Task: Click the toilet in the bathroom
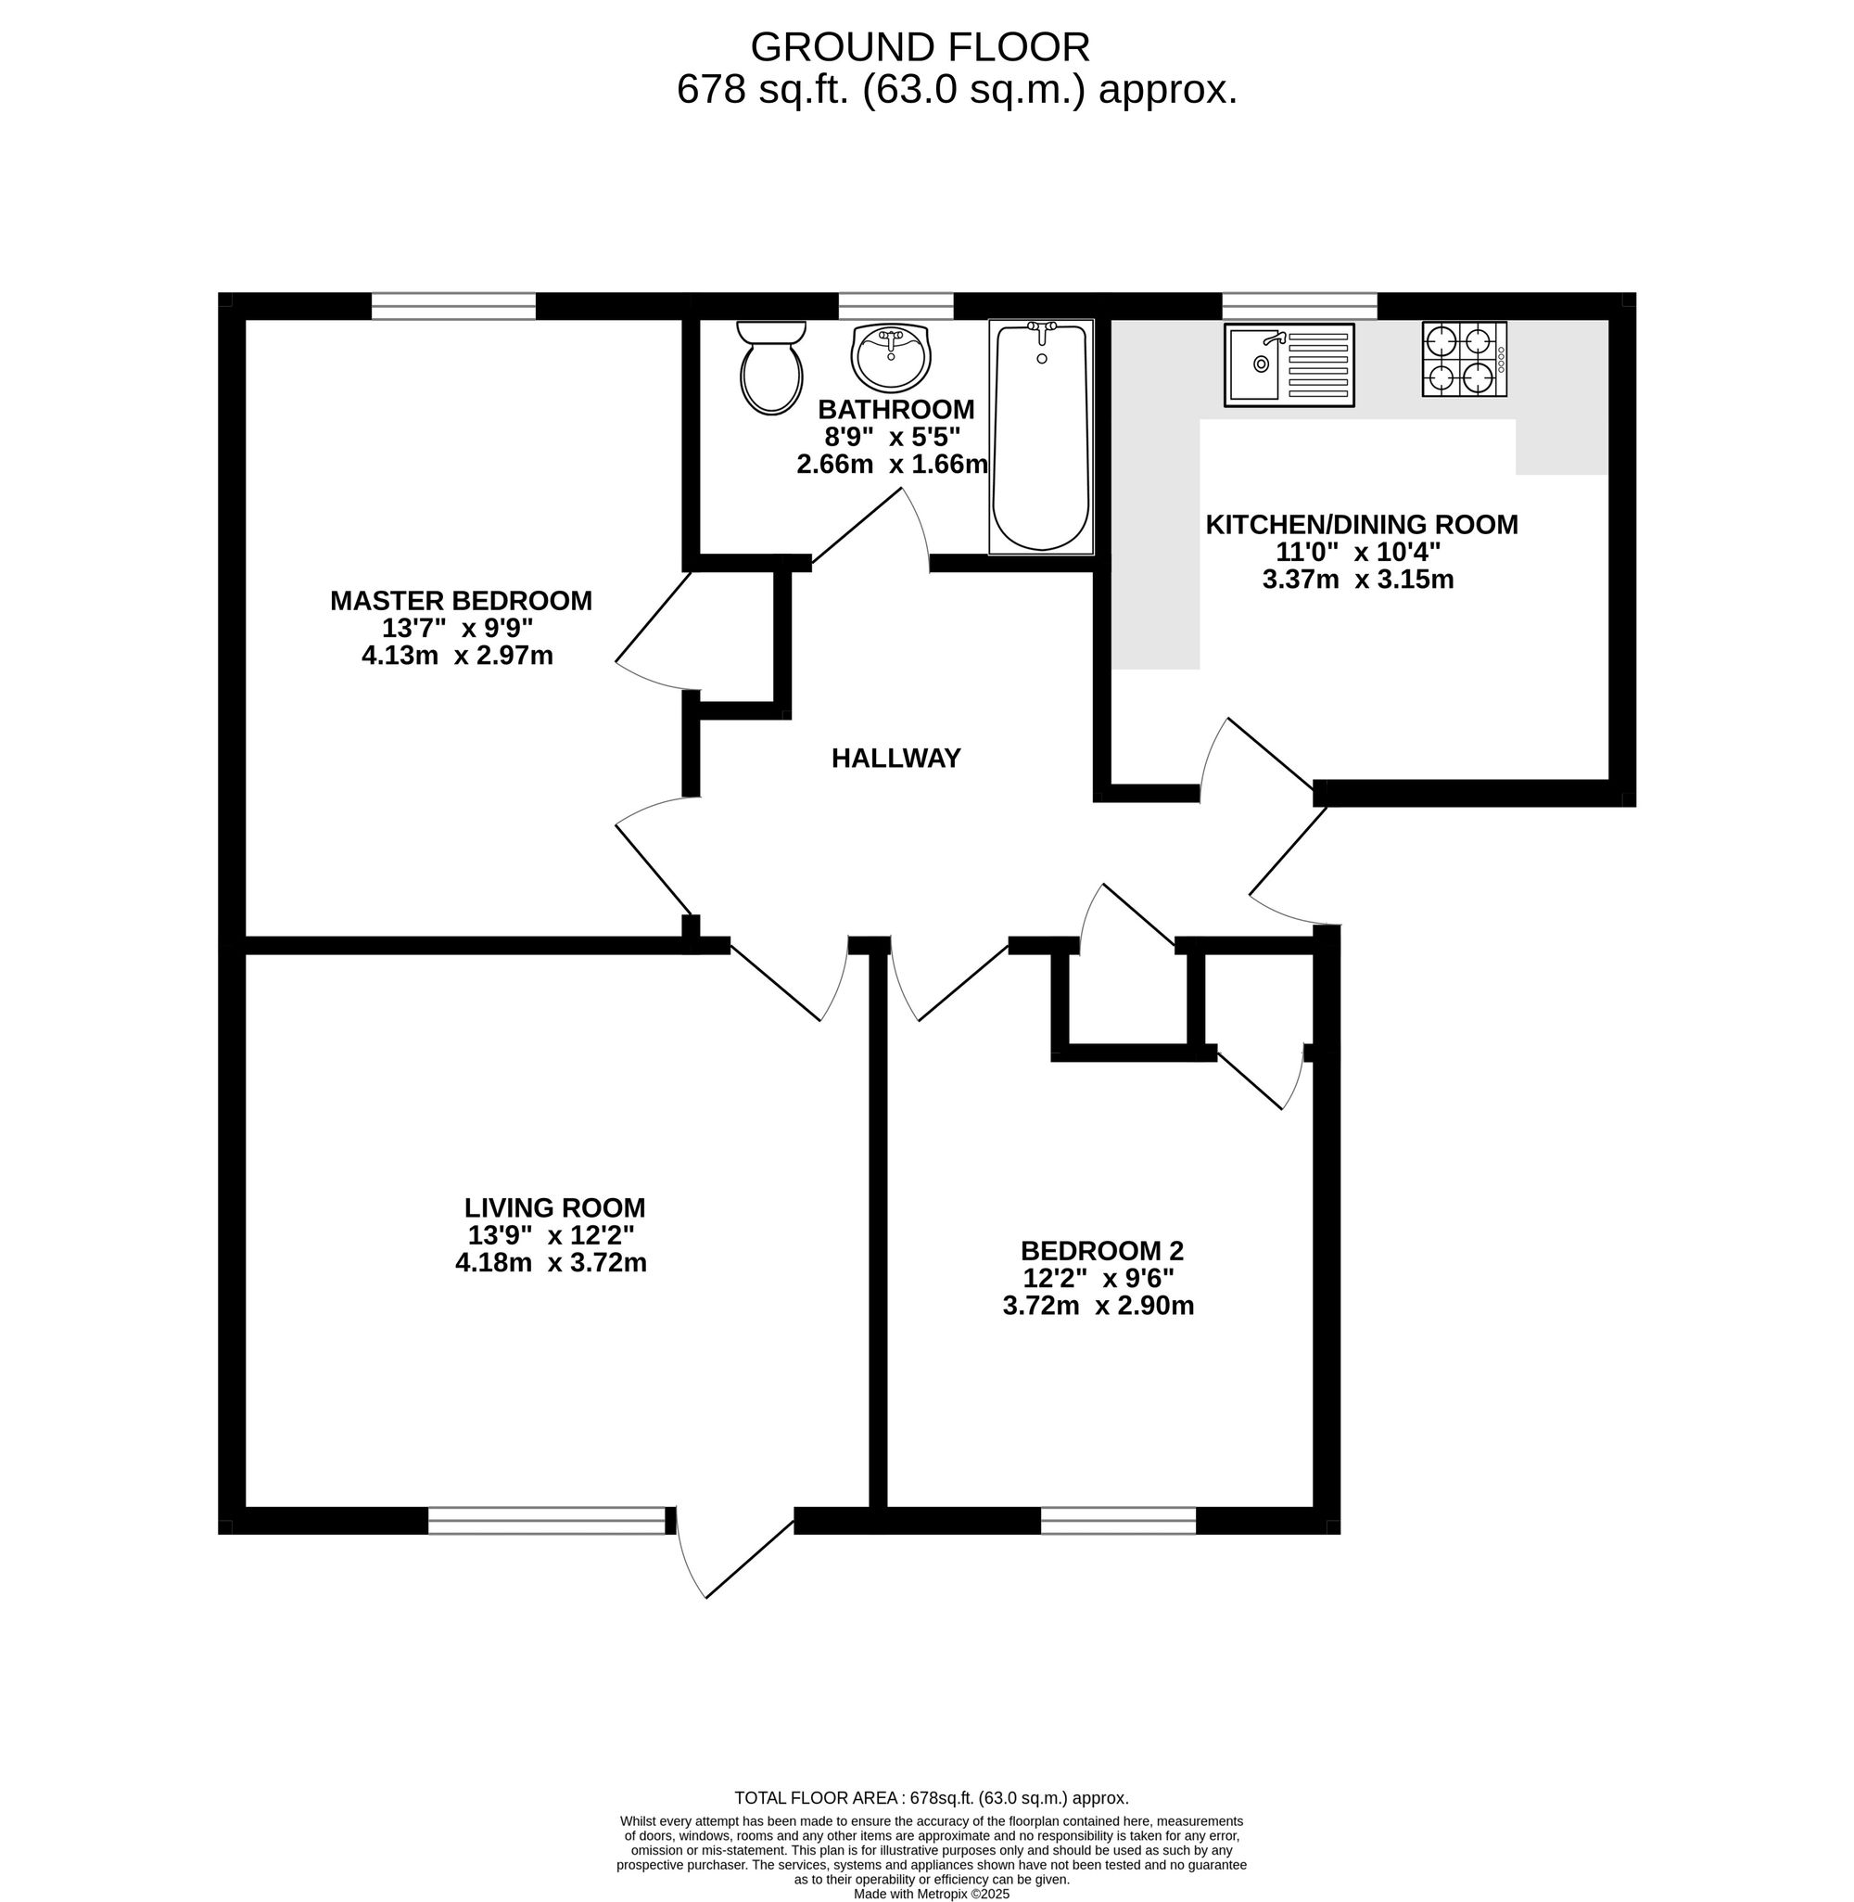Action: coord(771,367)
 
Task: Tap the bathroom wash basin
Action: coord(891,356)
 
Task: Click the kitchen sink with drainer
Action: coord(1289,365)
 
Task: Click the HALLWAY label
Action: coord(895,758)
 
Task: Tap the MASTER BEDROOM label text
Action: coord(461,601)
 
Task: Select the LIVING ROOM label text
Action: coord(554,1207)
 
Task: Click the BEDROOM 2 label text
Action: coord(1101,1250)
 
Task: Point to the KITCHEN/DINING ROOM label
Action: coord(1361,524)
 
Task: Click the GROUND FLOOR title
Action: coord(921,46)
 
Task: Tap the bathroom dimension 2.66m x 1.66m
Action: coord(892,465)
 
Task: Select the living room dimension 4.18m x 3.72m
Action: coord(552,1263)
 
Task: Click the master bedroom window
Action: coord(453,306)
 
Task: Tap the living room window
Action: coord(547,1520)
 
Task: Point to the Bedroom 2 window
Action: coord(1118,1520)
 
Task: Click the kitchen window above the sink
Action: coord(1300,306)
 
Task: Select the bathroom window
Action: coord(895,306)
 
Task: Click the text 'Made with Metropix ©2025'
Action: coord(932,1894)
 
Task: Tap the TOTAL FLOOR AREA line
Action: coord(932,1798)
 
